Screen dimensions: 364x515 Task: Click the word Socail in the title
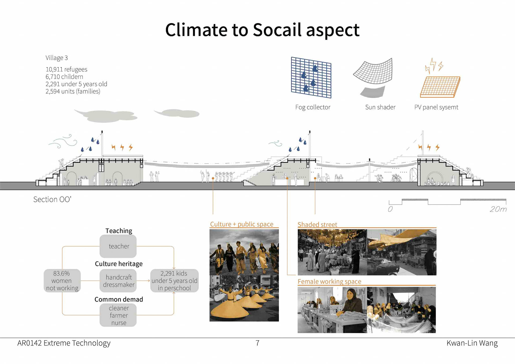277,30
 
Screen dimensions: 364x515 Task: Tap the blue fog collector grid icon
311,77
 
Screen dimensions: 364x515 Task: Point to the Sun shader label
380,107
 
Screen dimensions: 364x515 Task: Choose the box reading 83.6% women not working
62,281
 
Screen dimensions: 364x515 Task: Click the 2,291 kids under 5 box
174,281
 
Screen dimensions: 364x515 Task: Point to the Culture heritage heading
119,264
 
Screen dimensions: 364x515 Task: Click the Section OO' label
52,199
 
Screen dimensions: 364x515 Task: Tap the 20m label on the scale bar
498,209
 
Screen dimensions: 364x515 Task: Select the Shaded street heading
317,225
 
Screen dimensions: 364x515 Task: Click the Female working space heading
329,281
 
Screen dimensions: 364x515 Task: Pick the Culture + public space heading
241,224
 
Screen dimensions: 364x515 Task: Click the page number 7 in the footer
257,343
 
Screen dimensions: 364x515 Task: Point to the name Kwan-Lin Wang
472,343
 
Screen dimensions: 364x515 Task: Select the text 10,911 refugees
66,69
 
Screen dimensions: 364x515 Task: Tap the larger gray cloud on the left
107,116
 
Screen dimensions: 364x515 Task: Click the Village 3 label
57,58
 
